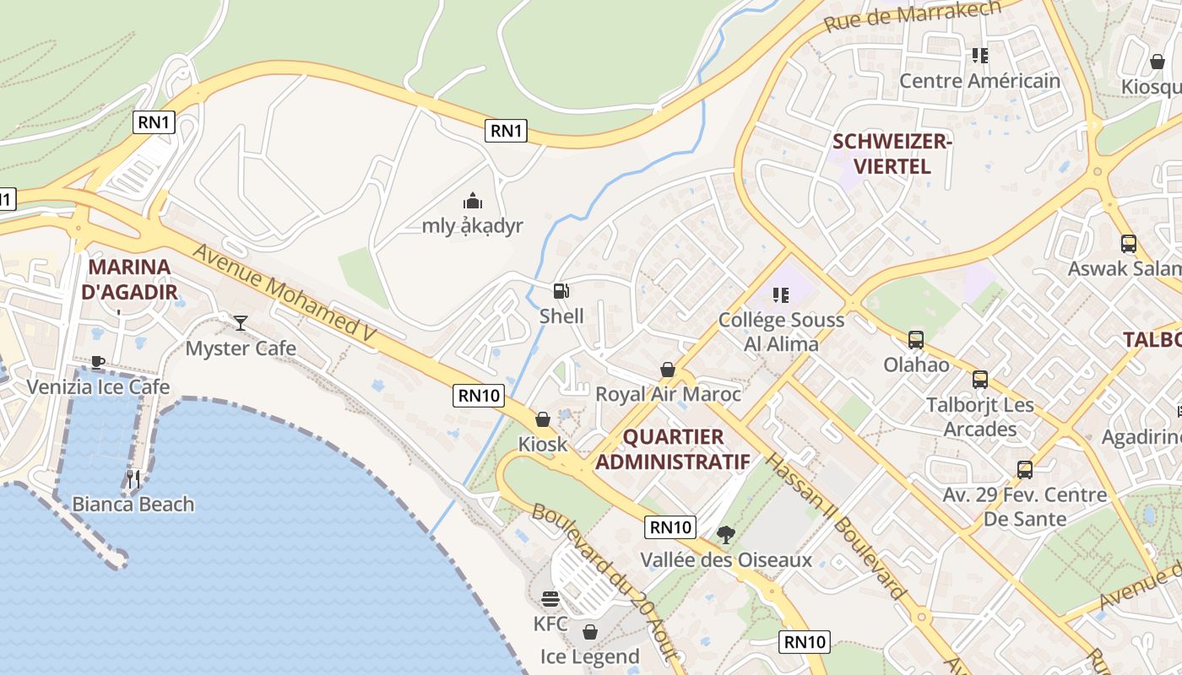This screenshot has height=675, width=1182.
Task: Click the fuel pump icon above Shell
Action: coord(561,292)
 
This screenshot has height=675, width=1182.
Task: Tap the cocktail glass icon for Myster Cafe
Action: coord(241,323)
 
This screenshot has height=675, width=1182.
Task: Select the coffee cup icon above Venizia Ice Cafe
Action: coord(98,362)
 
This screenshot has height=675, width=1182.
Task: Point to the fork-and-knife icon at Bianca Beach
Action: coord(133,479)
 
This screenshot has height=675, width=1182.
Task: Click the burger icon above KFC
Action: coord(550,599)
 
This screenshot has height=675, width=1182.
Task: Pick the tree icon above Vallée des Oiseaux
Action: coord(725,534)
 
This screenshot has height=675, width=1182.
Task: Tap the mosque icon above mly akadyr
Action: coord(473,201)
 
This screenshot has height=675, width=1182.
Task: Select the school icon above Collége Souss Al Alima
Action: coord(781,295)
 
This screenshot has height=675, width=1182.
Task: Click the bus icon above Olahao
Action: coord(916,340)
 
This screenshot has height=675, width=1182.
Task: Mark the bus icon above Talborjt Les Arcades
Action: coord(980,380)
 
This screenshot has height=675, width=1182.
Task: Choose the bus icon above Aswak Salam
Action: coord(1129,244)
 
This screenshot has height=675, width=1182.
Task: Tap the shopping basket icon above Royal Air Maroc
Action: coord(668,370)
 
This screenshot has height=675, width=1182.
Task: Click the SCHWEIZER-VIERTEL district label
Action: coord(892,154)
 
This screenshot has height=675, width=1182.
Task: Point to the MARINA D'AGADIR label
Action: coord(129,279)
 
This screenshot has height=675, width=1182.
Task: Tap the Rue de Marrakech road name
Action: coord(912,16)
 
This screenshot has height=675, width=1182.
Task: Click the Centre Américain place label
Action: coord(979,81)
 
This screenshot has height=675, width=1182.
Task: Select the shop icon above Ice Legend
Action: coord(590,632)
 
